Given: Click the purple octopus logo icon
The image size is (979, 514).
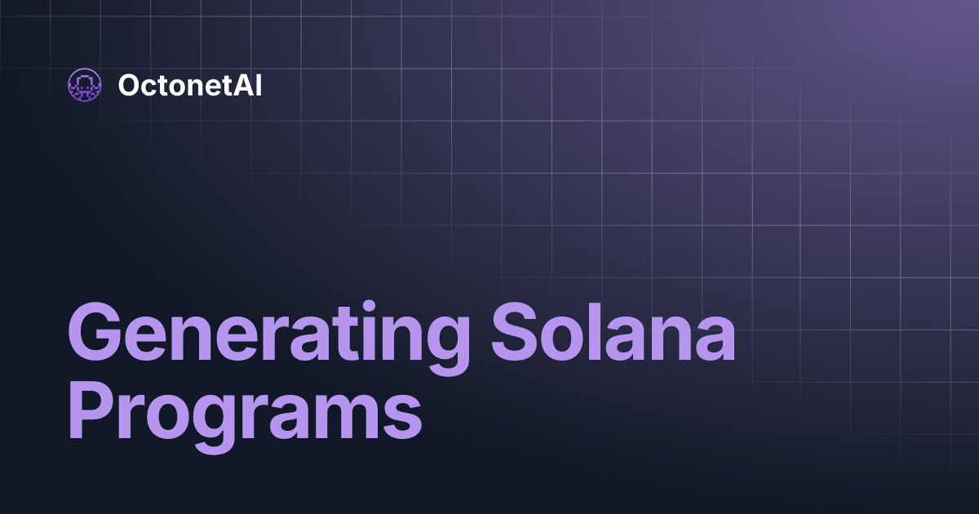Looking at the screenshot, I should [x=84, y=85].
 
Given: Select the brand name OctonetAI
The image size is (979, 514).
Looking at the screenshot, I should [x=189, y=85].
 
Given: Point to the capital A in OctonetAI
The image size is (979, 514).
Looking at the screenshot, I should [x=245, y=85].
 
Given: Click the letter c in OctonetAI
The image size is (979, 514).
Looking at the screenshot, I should [x=148, y=86].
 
